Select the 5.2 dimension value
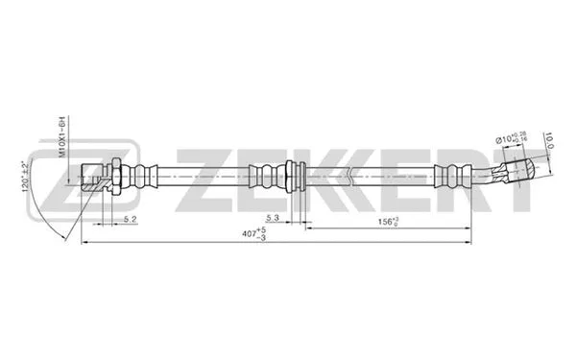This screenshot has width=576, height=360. pyautogui.click(x=132, y=220)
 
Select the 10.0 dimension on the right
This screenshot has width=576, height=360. pyautogui.click(x=550, y=141)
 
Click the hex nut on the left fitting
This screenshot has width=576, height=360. pyautogui.click(x=113, y=178)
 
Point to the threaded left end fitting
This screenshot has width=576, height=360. pyautogui.click(x=91, y=179)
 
